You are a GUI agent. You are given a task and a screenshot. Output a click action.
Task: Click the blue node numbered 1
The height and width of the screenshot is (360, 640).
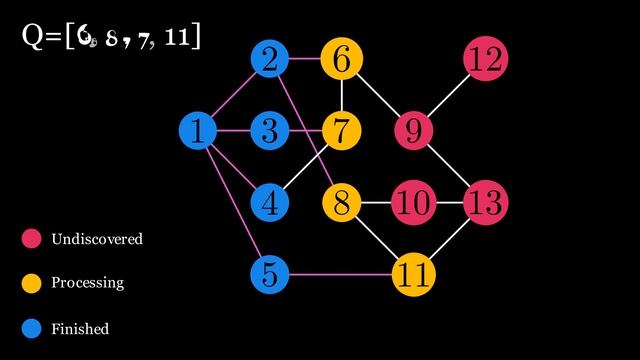(198, 130)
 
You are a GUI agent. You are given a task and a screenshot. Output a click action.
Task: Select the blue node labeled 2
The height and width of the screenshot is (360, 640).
(269, 59)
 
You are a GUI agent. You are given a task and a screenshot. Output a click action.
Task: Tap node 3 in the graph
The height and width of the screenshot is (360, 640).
(269, 130)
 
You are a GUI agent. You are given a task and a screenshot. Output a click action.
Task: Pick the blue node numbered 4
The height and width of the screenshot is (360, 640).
(269, 202)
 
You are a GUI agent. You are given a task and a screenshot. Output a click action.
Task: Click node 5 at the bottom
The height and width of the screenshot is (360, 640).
(269, 273)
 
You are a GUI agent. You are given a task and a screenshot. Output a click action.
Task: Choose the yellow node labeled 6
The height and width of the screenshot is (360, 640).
(341, 59)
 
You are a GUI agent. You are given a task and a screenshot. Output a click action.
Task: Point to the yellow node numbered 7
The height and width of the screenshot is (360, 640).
(341, 130)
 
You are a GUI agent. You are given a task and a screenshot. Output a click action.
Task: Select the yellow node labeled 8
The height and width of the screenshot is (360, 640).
(341, 202)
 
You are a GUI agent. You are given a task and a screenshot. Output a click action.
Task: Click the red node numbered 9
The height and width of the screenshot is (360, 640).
(412, 130)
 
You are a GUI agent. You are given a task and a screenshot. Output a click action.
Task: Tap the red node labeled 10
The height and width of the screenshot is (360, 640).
(412, 202)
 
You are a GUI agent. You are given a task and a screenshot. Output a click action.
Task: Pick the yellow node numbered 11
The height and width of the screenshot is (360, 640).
(412, 273)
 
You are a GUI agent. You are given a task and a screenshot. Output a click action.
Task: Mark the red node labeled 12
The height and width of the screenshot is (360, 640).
(486, 59)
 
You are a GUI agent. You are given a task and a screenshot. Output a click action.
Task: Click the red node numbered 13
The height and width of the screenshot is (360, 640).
(486, 202)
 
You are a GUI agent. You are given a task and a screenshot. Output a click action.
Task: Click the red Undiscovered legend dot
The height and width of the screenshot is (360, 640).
(31, 239)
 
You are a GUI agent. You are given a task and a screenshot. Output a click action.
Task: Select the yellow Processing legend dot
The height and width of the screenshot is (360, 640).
(31, 283)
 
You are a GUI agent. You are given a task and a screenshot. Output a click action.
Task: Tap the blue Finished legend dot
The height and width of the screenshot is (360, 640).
(31, 328)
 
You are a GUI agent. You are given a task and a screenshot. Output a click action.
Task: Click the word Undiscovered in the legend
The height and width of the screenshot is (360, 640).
(97, 240)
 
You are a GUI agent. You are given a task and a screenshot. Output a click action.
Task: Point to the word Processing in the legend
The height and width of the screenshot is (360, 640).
(88, 283)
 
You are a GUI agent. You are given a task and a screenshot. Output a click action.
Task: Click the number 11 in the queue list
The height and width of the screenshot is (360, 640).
(181, 38)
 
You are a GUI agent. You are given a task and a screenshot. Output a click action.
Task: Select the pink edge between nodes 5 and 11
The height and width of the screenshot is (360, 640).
(340, 273)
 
